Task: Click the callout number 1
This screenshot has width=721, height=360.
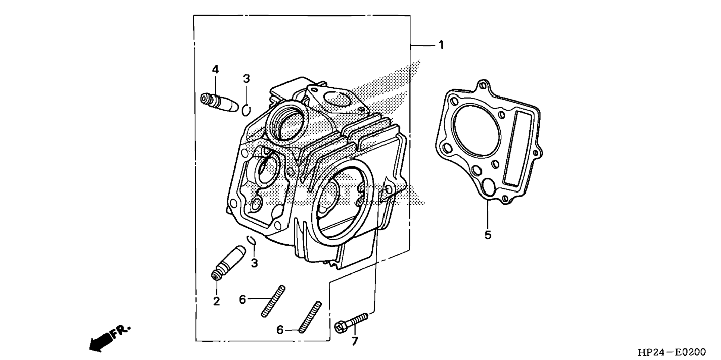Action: pyautogui.click(x=441, y=45)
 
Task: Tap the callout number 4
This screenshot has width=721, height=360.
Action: pyautogui.click(x=215, y=69)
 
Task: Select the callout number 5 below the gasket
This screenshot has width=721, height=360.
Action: pyautogui.click(x=488, y=235)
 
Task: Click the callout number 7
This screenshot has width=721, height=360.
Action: pyautogui.click(x=355, y=341)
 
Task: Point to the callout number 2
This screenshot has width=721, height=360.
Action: pyautogui.click(x=217, y=301)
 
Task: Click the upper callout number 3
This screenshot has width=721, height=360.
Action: pyautogui.click(x=246, y=79)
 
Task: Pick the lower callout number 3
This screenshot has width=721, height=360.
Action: pyautogui.click(x=254, y=263)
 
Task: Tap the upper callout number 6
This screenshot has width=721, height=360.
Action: pyautogui.click(x=243, y=299)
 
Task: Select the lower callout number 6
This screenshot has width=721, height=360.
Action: pyautogui.click(x=280, y=330)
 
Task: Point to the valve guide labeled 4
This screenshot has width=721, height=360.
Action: pyautogui.click(x=219, y=102)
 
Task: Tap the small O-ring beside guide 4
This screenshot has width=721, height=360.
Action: pyautogui.click(x=246, y=110)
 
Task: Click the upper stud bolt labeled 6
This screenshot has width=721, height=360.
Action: pyautogui.click(x=273, y=301)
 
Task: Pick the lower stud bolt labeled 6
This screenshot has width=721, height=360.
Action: pyautogui.click(x=309, y=317)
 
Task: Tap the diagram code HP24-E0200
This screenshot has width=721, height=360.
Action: pyautogui.click(x=671, y=352)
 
